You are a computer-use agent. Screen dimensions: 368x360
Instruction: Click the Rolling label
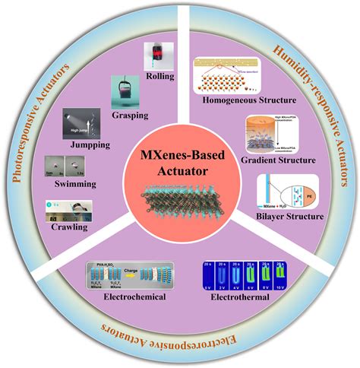(161, 76)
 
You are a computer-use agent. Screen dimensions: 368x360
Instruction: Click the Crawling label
(74, 226)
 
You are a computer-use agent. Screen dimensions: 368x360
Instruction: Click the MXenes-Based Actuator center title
(179, 163)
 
